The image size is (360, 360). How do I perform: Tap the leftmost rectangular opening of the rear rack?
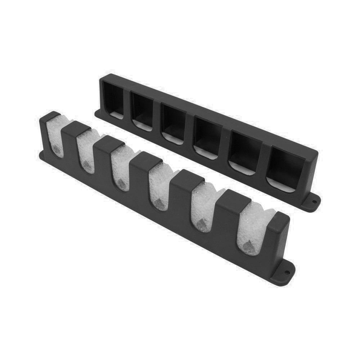(x=113, y=99)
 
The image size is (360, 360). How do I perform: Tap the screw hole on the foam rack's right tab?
(x=287, y=273)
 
